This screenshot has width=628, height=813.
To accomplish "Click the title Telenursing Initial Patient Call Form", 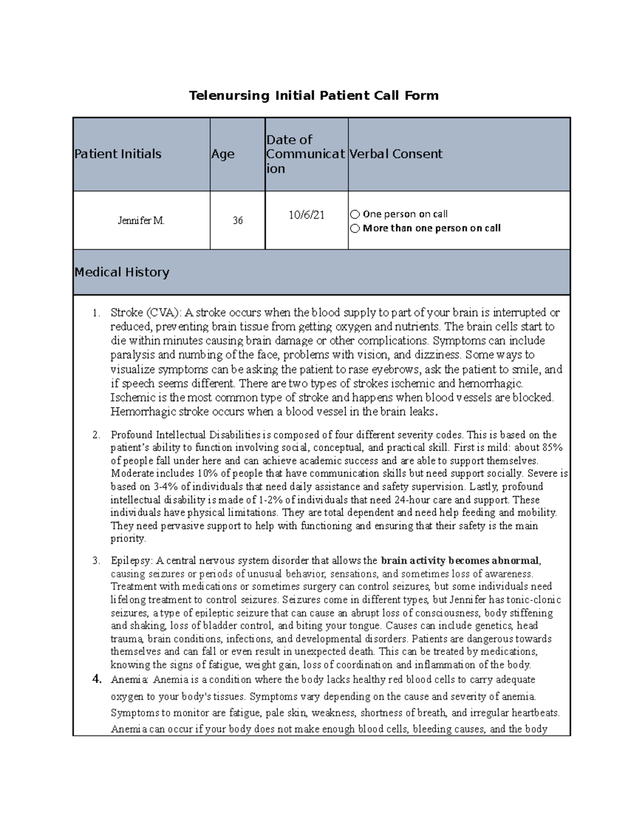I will click(x=313, y=95).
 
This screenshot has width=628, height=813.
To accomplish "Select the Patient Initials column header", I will click(x=118, y=154).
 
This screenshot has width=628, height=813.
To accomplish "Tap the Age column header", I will click(x=222, y=154).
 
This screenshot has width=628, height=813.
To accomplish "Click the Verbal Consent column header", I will click(x=396, y=154).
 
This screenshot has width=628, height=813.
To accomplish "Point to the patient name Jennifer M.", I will click(x=141, y=220).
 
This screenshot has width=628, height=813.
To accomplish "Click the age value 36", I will click(x=238, y=220).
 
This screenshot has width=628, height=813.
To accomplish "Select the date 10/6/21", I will click(x=306, y=215).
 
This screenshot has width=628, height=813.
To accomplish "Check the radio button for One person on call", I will click(x=355, y=214).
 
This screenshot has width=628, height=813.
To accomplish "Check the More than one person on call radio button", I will click(x=355, y=228).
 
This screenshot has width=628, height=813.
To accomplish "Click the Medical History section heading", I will click(x=122, y=272).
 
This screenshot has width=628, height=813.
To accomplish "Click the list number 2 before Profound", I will click(x=96, y=435).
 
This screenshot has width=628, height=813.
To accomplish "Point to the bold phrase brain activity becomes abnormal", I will click(x=461, y=561).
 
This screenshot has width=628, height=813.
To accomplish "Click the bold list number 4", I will click(x=96, y=680).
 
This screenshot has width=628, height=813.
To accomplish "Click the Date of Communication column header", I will click(x=306, y=154).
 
